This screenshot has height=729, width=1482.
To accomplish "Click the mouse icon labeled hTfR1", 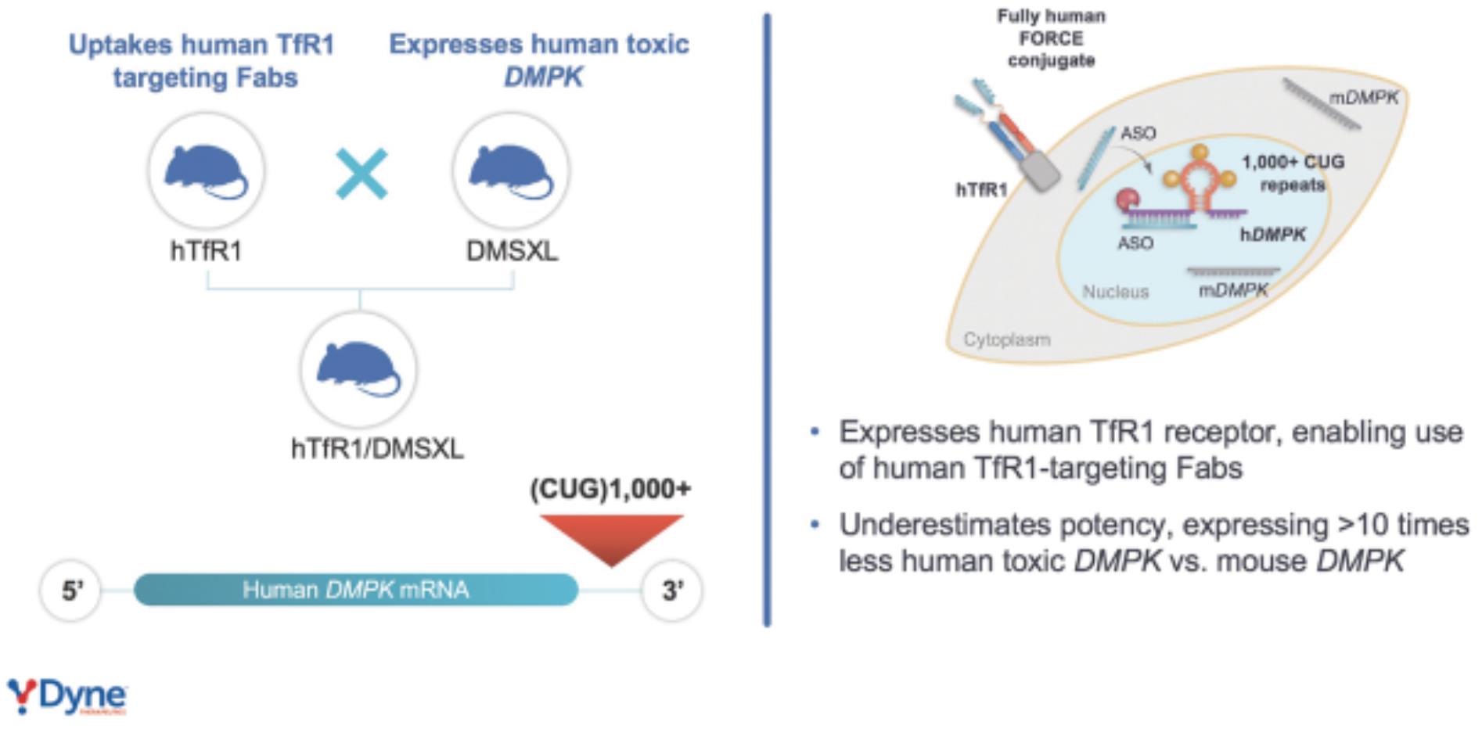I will (x=206, y=171).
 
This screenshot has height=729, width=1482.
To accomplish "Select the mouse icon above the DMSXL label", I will (x=511, y=171).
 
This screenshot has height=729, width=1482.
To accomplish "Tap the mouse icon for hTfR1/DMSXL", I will (x=358, y=368).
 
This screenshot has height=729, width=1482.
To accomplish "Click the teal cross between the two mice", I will (x=362, y=174).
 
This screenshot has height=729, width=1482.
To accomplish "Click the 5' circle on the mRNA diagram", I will (x=71, y=591).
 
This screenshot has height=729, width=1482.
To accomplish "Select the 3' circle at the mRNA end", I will (x=671, y=591).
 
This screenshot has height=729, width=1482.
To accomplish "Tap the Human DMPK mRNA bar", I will (x=356, y=590).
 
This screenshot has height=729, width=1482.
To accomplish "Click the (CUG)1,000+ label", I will (x=610, y=490).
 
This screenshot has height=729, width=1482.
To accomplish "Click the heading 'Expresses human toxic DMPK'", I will (x=539, y=60).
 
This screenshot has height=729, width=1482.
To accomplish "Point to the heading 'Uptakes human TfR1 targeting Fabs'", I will (x=203, y=60).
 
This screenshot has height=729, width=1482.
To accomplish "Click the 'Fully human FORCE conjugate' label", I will (x=1051, y=38).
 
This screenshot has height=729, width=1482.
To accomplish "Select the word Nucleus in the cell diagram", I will (x=1115, y=292).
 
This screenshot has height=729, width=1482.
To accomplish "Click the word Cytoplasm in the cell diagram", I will (x=1007, y=339).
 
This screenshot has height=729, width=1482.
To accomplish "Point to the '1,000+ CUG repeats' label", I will (x=1293, y=173).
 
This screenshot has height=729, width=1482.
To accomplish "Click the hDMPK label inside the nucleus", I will (x=1272, y=234).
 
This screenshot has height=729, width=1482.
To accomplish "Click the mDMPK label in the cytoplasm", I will (x=1364, y=98).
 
